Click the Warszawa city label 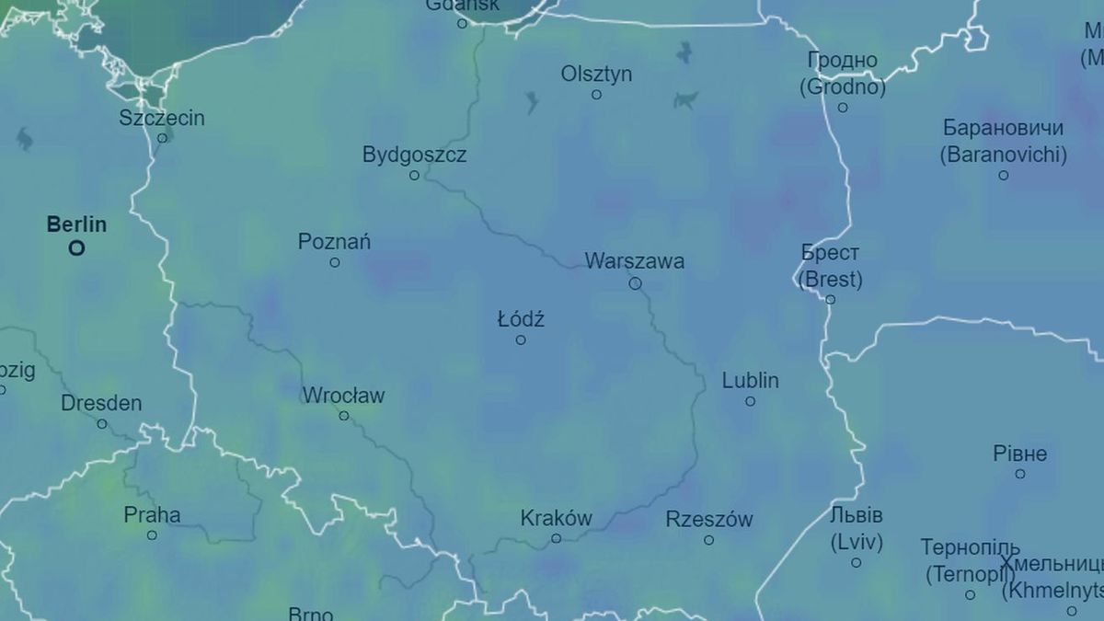635,261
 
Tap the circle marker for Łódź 521,340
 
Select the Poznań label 334,242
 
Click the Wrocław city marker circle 344,416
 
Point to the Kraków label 556,518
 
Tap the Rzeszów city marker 708,540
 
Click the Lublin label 750,380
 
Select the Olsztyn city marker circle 596,95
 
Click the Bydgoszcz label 414,155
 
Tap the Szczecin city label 162,118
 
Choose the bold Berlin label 76,224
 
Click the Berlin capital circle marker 76,247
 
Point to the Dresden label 101,403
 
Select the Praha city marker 152,535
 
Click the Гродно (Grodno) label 843,74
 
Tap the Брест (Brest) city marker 831,300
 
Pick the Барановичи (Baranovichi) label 1003,141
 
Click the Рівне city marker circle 1020,474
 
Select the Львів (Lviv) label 856,528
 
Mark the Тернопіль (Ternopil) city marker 970,595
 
